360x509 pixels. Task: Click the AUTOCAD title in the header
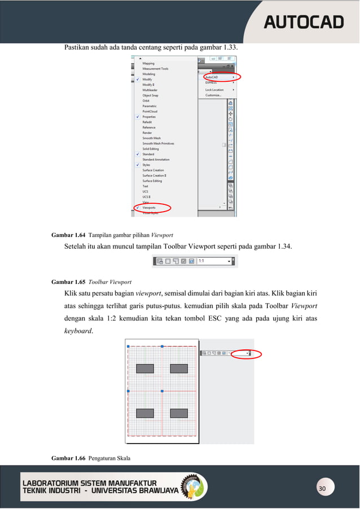click(304, 22)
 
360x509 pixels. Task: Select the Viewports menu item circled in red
click(150, 208)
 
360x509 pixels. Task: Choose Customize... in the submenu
click(213, 95)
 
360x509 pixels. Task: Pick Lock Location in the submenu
click(214, 89)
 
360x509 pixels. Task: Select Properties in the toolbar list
click(150, 117)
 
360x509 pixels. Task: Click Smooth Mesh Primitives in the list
click(158, 143)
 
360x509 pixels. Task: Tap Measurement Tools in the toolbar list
click(155, 69)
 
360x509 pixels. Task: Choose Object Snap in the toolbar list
click(150, 95)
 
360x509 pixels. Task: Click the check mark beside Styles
click(138, 165)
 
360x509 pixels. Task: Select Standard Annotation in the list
click(156, 160)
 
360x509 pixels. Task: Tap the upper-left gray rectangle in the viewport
click(145, 368)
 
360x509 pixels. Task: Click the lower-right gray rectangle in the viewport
click(179, 413)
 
